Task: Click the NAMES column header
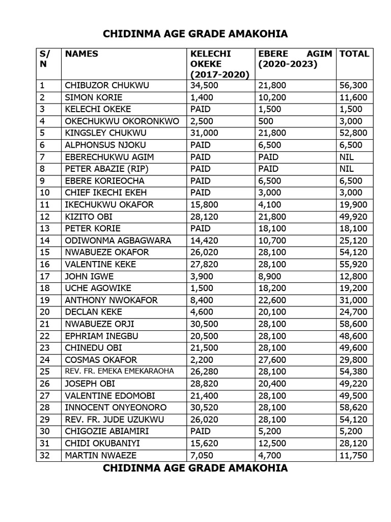point(81,54)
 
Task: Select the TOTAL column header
point(354,54)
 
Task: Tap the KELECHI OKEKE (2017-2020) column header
point(219,64)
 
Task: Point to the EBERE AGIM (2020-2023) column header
point(295,59)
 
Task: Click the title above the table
point(195,34)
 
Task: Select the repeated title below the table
point(195,468)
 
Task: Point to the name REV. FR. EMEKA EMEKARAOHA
point(119,371)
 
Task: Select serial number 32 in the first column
point(45,455)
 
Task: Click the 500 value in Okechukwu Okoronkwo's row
point(266,121)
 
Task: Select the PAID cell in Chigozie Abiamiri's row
point(201,431)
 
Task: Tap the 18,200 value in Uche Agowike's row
point(272,288)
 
